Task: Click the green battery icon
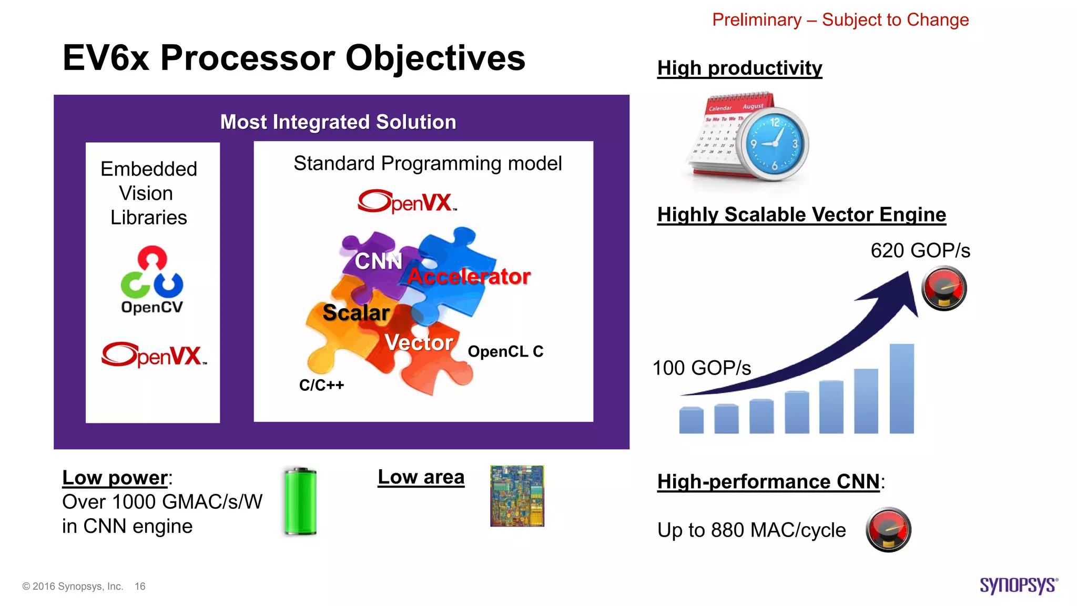[x=300, y=501]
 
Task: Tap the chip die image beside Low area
[x=517, y=496]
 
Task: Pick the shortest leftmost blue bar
[x=691, y=420]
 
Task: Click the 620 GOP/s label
[x=920, y=250]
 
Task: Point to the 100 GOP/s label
[x=702, y=368]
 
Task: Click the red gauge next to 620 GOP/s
[x=944, y=288]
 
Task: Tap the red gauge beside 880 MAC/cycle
[x=888, y=529]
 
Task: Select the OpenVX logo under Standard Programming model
[x=407, y=201]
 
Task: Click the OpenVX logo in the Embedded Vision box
[x=154, y=355]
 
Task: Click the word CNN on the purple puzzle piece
[x=378, y=261]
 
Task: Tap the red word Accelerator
[x=469, y=277]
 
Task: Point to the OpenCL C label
[x=505, y=351]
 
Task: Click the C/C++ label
[x=321, y=385]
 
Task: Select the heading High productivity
[x=739, y=68]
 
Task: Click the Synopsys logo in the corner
[x=1018, y=585]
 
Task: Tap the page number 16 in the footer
[x=140, y=586]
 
